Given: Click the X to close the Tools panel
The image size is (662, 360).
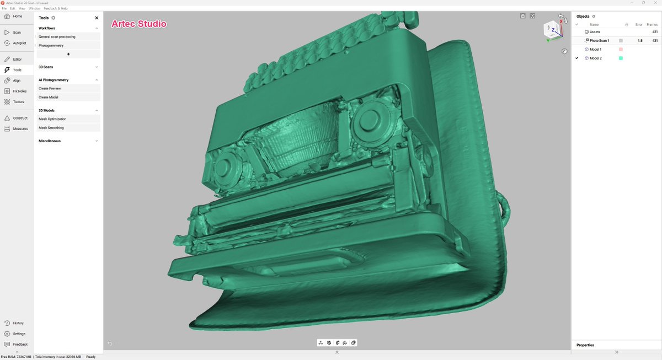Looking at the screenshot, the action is click(97, 18).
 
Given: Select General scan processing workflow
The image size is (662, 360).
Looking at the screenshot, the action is click(57, 37).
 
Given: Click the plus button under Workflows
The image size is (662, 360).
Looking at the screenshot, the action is click(68, 55).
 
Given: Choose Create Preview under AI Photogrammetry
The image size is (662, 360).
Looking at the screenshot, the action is click(49, 89).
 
